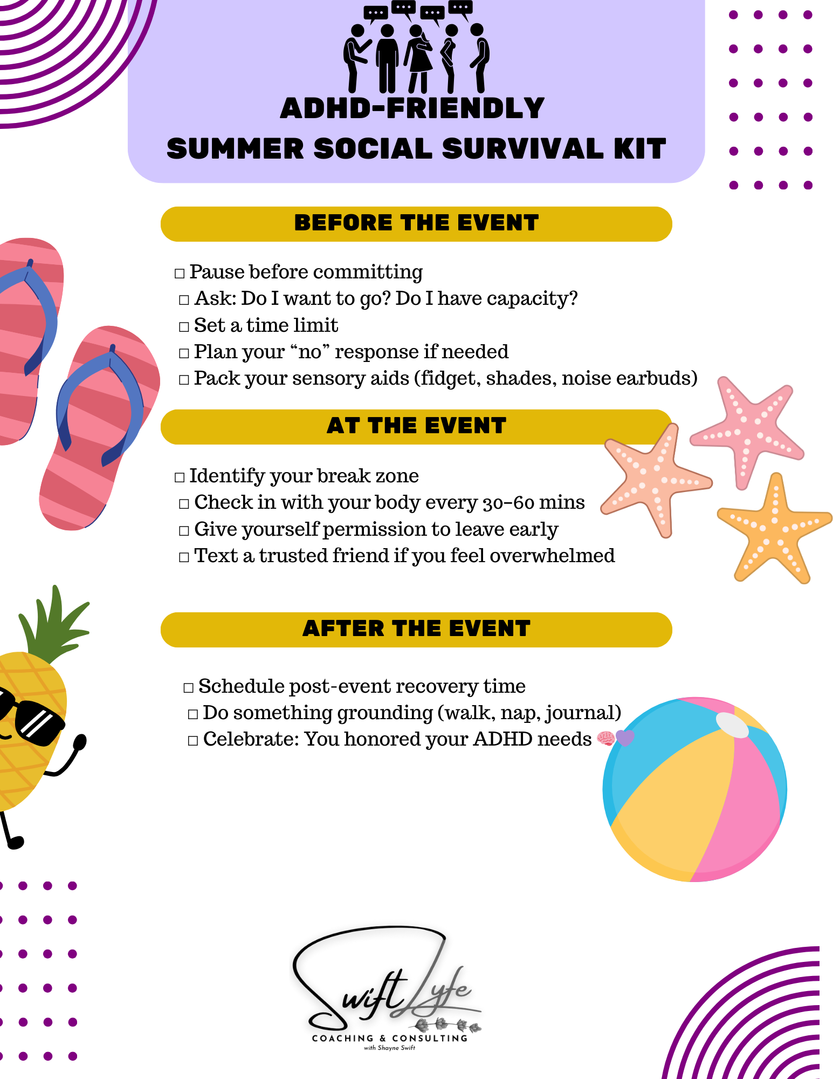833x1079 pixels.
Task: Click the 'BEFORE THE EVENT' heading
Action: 416,223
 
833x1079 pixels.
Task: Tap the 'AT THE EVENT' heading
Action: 416,426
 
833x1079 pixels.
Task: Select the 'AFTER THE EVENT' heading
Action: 416,629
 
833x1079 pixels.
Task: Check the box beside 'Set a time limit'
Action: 184,327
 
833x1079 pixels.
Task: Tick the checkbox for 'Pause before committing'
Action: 180,274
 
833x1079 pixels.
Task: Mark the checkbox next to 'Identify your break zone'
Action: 180,477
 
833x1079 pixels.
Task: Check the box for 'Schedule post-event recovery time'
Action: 188,688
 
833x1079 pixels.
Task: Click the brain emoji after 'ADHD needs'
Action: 606,739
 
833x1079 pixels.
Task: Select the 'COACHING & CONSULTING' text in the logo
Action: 390,1039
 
